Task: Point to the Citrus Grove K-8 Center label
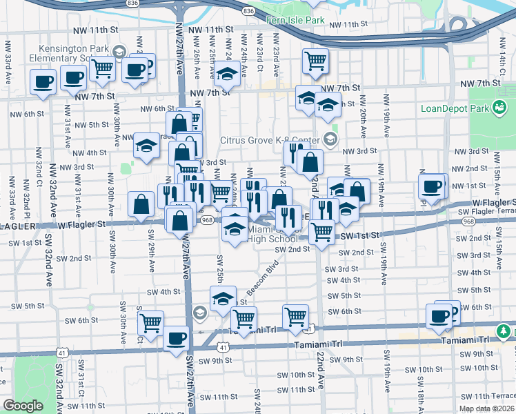[x=270, y=140]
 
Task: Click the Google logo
[x=22, y=406]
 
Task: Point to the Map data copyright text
[x=486, y=408]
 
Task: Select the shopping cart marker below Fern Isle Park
[x=315, y=61]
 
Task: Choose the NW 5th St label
[x=89, y=125]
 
